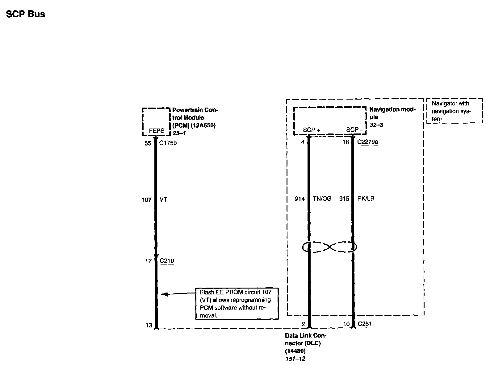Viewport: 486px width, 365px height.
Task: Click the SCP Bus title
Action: tap(26, 14)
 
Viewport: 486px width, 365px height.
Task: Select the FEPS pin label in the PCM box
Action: tap(157, 131)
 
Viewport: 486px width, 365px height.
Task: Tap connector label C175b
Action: tap(168, 143)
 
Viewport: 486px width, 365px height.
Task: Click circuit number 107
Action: tap(147, 200)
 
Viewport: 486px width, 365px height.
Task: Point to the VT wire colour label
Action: tap(163, 200)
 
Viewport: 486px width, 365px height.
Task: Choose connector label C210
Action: tap(167, 261)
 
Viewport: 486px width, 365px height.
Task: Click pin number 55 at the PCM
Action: tap(148, 143)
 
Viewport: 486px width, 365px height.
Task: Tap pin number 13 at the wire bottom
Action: tap(149, 325)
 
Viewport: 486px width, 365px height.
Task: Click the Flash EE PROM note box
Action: tap(237, 304)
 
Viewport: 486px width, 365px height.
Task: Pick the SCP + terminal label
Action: tap(312, 130)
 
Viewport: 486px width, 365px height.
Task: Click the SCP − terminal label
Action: tap(354, 130)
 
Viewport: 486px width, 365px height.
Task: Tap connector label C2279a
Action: tap(367, 142)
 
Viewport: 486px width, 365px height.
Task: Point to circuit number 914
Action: tap(300, 199)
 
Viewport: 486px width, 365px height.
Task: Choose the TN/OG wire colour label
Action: tap(322, 199)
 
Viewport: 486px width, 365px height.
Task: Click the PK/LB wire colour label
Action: tap(366, 199)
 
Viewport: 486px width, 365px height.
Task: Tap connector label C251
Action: tap(365, 324)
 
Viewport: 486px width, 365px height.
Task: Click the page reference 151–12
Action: tap(295, 359)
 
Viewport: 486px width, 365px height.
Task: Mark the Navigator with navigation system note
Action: tap(455, 111)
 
